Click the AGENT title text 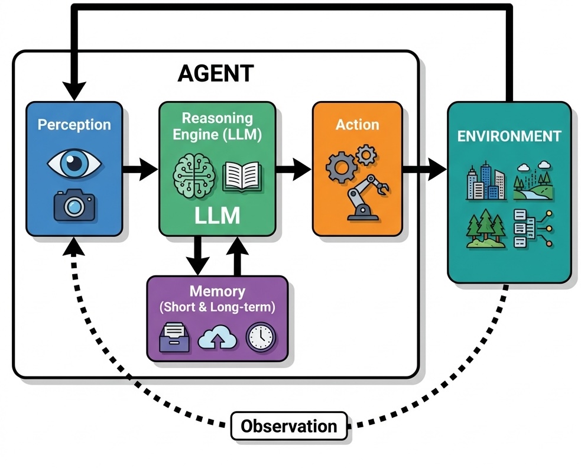(x=216, y=74)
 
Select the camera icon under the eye (x=74, y=204)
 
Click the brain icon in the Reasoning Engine (x=191, y=175)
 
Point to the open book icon (x=241, y=176)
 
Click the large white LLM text (x=217, y=216)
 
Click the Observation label (x=289, y=425)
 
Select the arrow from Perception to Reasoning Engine (x=140, y=170)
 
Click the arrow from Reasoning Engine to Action (x=294, y=170)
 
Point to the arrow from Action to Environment (x=424, y=170)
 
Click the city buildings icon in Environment (x=485, y=180)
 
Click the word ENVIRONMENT (x=509, y=136)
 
